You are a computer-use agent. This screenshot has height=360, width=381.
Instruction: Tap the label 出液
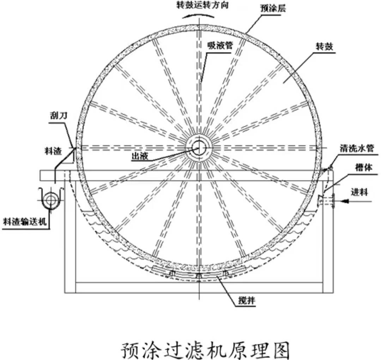pos(140,157)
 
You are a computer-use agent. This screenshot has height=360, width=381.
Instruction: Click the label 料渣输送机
pos(26,221)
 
